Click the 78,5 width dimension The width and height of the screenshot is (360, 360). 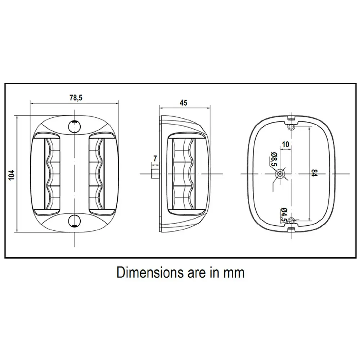[76, 98]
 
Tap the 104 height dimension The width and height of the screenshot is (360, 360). [12, 175]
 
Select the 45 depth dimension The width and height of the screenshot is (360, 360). [183, 103]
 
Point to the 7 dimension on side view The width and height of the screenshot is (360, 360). [155, 158]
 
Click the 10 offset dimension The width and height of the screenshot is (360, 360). [285, 144]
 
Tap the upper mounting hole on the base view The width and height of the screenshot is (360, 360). [291, 127]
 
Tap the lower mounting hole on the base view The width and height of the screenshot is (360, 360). [291, 221]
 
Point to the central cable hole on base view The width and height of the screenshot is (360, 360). [280, 174]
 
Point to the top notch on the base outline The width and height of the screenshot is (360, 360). [291, 118]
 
